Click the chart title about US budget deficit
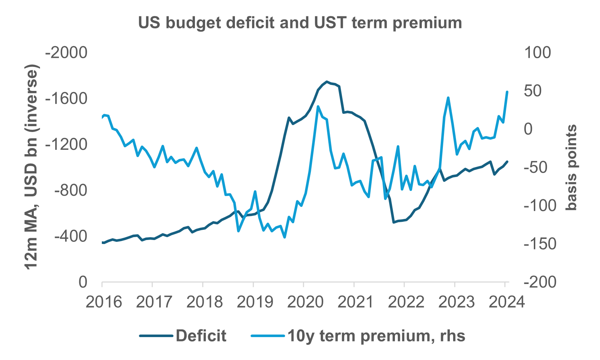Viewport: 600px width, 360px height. click(x=300, y=23)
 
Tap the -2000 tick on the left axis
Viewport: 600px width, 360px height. click(x=66, y=53)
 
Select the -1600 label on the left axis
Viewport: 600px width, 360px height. click(x=66, y=99)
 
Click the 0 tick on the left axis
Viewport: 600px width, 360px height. click(x=83, y=283)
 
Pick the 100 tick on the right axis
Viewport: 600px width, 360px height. click(x=537, y=53)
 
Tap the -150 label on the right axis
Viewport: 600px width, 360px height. click(x=539, y=244)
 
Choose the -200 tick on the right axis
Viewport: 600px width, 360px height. click(x=539, y=283)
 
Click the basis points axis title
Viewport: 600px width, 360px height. click(x=572, y=167)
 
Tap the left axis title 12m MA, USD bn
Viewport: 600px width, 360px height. click(x=32, y=167)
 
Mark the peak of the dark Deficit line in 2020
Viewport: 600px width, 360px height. click(x=327, y=81)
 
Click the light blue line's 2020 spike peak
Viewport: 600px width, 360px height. click(x=318, y=107)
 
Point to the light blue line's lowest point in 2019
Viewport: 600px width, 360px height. click(x=284, y=237)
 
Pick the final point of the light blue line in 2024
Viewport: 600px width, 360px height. click(x=507, y=92)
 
